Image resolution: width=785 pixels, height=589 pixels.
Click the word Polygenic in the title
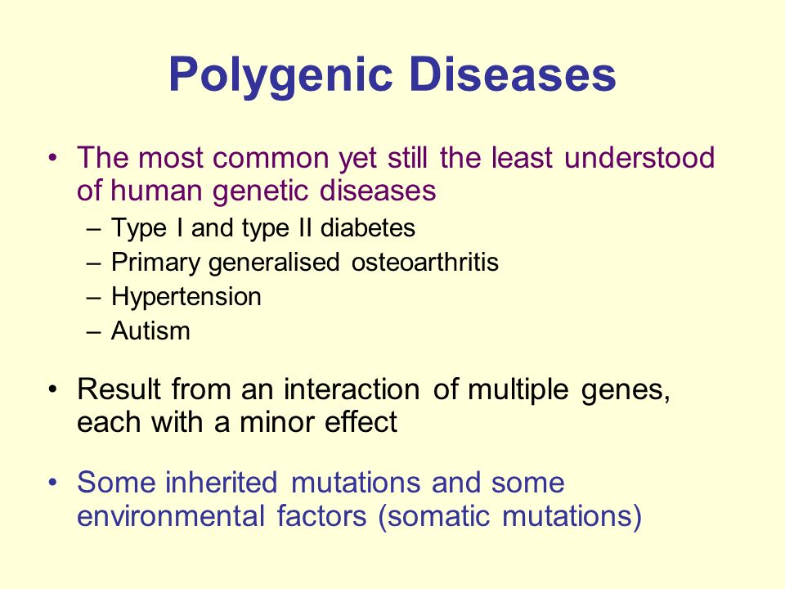tap(280, 75)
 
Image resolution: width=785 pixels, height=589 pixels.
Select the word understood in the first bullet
tap(639, 157)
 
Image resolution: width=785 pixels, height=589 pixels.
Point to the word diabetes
tap(368, 228)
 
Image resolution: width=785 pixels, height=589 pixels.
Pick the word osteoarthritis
tap(425, 262)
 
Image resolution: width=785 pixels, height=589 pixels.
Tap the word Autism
tap(150, 330)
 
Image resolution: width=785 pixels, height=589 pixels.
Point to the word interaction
tap(352, 389)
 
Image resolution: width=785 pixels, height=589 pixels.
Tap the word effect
tap(361, 421)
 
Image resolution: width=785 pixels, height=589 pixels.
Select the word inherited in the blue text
tap(222, 483)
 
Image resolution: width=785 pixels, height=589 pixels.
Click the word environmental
tap(171, 516)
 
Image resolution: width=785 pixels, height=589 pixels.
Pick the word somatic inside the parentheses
tap(438, 516)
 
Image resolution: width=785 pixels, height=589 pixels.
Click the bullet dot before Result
tap(53, 389)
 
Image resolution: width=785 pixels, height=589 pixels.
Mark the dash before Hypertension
tap(93, 298)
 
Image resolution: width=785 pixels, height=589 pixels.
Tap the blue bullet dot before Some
tap(53, 483)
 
